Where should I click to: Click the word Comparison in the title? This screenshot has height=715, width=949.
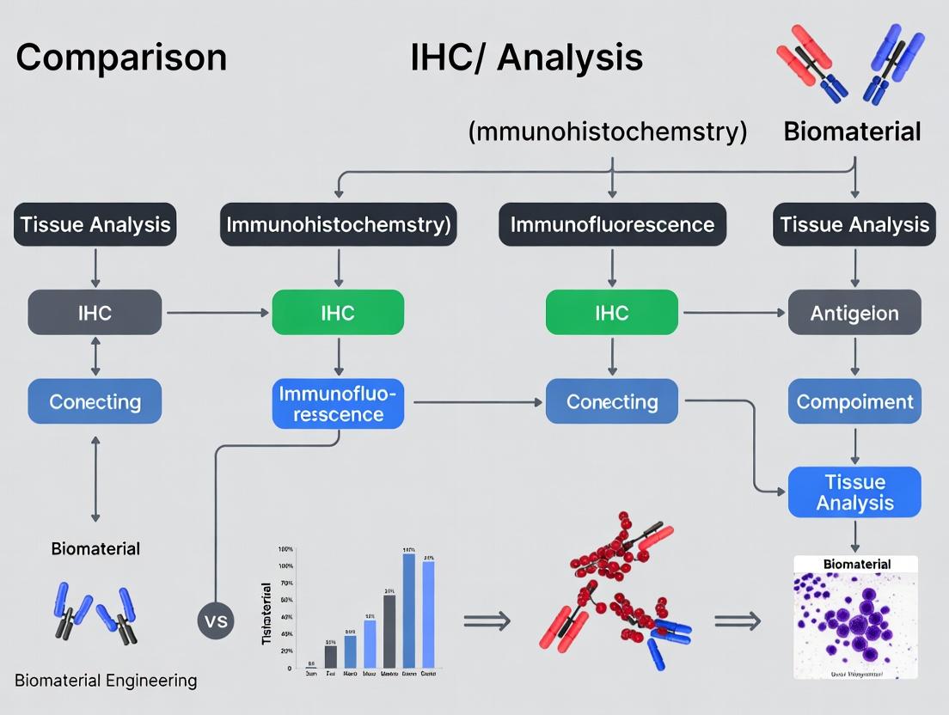(x=121, y=58)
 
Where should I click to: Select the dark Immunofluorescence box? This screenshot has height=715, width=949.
(x=612, y=225)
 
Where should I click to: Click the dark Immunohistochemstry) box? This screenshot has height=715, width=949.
(x=338, y=225)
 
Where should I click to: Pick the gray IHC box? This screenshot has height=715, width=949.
(x=95, y=312)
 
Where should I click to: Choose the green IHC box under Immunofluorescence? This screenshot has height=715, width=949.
(x=612, y=312)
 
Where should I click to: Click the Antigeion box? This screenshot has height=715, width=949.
(x=854, y=312)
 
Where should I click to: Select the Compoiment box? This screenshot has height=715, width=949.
(x=854, y=401)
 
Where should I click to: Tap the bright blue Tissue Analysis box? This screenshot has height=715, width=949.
(x=854, y=492)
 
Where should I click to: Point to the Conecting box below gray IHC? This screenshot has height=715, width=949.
(x=95, y=401)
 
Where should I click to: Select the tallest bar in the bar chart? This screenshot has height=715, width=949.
(x=409, y=610)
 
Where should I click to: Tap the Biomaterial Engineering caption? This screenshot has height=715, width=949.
(x=106, y=681)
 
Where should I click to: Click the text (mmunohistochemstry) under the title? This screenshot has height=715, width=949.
(x=608, y=131)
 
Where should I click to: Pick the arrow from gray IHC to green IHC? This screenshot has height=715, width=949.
(x=217, y=313)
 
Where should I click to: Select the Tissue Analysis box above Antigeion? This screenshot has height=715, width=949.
(x=854, y=225)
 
